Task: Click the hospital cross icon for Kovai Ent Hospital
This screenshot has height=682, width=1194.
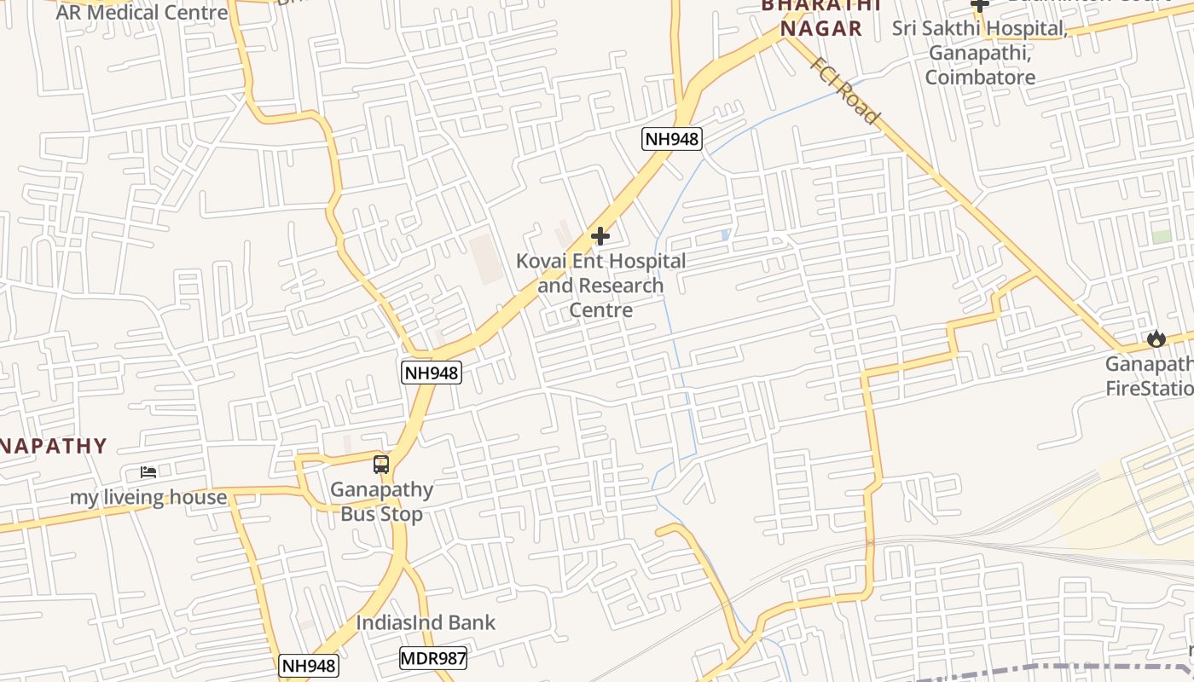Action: (600, 236)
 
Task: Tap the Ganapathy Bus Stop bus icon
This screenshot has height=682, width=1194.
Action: (381, 465)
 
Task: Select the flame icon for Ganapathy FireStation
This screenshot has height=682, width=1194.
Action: (1156, 338)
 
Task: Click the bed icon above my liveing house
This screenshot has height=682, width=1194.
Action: (148, 471)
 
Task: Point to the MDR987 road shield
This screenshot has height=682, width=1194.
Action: (433, 658)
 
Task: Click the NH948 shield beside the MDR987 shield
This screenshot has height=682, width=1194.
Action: (309, 666)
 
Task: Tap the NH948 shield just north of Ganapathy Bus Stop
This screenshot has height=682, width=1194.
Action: (432, 372)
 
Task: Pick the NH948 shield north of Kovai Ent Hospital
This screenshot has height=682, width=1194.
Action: (672, 139)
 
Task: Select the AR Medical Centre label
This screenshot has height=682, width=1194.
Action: (142, 13)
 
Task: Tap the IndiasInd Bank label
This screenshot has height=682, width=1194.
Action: (425, 622)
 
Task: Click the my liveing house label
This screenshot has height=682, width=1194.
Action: (148, 497)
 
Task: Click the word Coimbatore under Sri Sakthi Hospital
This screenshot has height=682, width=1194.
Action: (980, 78)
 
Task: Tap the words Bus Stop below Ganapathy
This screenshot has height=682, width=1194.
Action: (381, 514)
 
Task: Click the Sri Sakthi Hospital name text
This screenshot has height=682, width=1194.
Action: (980, 29)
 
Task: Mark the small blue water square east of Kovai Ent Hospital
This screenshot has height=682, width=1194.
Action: (725, 234)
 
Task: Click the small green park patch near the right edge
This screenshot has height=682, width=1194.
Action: (1161, 236)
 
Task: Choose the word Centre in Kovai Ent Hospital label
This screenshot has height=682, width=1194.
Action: (601, 310)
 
